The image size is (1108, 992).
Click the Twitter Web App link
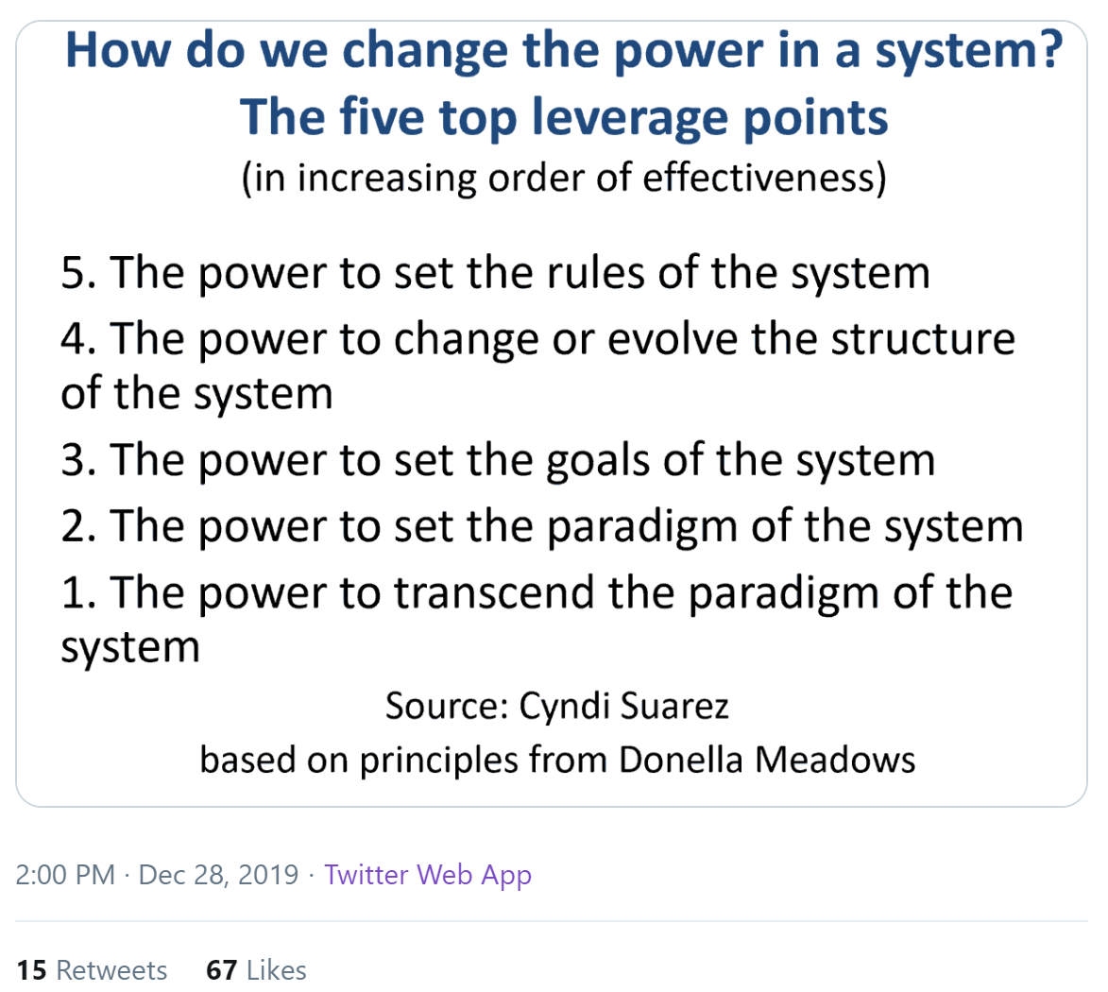[x=428, y=876]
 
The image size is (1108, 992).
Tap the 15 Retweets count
[x=92, y=970]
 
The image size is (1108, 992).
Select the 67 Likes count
[x=256, y=970]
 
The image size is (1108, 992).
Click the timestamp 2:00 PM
[x=65, y=875]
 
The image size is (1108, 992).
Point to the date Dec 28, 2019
[x=218, y=876]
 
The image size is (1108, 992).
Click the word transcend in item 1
[x=494, y=592]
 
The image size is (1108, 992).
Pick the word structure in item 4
[x=923, y=339]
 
